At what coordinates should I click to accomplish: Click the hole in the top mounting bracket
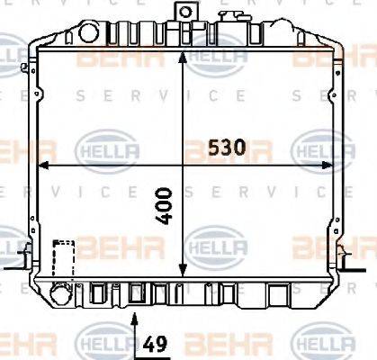point(186,13)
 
